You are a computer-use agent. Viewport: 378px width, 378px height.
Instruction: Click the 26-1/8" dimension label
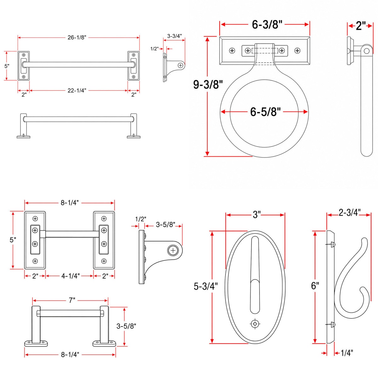coord(77,37)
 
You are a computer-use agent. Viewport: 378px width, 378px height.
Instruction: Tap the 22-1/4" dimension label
coord(77,90)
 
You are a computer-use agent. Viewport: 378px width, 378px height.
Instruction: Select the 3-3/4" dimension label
coord(175,36)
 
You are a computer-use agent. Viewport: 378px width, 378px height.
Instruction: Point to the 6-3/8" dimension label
coord(267,25)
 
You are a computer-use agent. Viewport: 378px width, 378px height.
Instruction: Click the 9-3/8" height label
coord(208,84)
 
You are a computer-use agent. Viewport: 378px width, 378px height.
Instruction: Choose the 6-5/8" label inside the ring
coord(266,112)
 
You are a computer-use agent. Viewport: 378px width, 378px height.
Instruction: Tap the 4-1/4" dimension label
coord(71,276)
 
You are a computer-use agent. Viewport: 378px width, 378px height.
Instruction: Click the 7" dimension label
coord(72,300)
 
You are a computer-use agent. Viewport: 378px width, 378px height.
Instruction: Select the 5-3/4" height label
coord(206,286)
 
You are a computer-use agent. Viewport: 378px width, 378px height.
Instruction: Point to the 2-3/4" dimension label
coord(350,212)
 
